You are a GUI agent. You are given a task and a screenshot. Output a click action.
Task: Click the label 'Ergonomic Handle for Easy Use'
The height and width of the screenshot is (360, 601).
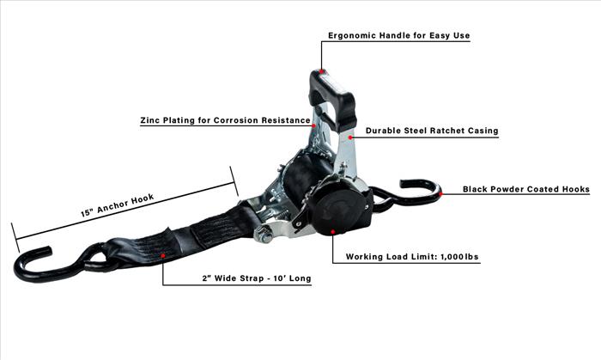pyautogui.click(x=398, y=35)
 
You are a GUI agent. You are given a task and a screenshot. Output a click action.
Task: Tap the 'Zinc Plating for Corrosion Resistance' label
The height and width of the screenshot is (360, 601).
pyautogui.click(x=225, y=120)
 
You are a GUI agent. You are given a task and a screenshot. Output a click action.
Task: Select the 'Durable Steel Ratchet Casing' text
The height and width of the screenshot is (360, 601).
pyautogui.click(x=432, y=131)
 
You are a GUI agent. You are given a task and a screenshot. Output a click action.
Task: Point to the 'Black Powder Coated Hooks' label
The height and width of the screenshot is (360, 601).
pyautogui.click(x=525, y=189)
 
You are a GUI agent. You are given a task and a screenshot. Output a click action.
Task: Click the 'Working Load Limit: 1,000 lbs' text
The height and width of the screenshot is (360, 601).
pyautogui.click(x=412, y=257)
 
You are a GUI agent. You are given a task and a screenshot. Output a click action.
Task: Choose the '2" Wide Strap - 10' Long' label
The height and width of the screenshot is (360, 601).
pyautogui.click(x=257, y=278)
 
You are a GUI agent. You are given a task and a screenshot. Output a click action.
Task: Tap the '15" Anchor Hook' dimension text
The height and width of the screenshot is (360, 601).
pyautogui.click(x=118, y=205)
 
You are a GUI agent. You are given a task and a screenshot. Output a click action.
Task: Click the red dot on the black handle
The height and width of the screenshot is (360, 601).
pyautogui.click(x=322, y=71)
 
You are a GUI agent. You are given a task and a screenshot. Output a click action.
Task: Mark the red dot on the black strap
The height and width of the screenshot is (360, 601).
pyautogui.click(x=163, y=255)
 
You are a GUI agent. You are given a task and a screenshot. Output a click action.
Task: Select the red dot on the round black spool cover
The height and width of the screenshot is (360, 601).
pyautogui.click(x=333, y=232)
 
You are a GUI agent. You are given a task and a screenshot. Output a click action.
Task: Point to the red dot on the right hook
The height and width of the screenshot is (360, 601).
pyautogui.click(x=440, y=194)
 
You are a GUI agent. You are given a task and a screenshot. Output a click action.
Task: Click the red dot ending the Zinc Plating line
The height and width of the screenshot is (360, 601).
pyautogui.click(x=313, y=125)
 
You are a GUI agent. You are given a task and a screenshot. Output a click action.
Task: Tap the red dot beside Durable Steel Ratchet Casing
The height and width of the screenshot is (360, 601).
pyautogui.click(x=350, y=137)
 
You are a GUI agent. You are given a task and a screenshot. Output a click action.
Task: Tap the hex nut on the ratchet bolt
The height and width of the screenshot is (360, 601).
pyautogui.click(x=263, y=235)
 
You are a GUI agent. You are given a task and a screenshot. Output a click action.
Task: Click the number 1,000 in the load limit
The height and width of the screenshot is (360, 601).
pyautogui.click(x=452, y=257)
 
